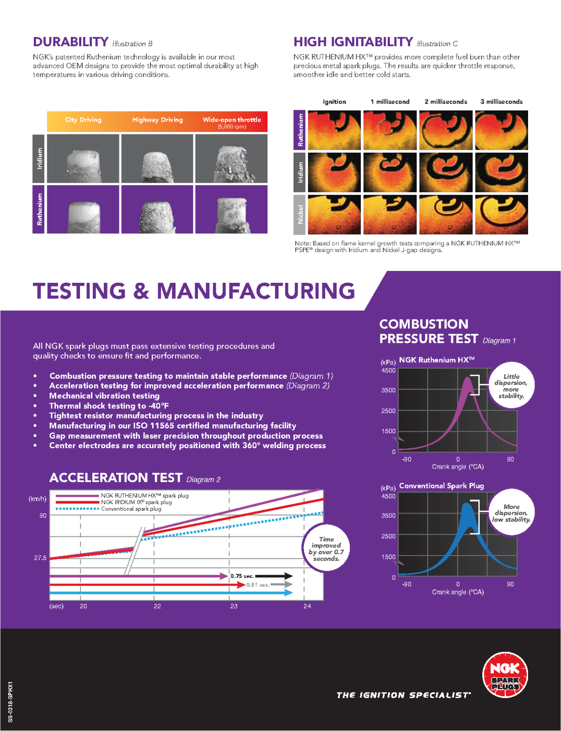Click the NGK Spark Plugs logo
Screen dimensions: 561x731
point(505,675)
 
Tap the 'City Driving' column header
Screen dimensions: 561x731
point(83,120)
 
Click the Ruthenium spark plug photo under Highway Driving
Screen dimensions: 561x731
point(157,210)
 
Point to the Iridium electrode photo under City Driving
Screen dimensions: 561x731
point(83,159)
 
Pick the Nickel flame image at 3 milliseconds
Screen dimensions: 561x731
point(502,214)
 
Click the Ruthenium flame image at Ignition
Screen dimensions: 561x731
point(334,130)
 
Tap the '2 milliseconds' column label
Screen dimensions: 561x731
point(446,102)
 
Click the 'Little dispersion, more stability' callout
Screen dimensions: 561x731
point(511,386)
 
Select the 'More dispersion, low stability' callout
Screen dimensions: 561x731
point(511,513)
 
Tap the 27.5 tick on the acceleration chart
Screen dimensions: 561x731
point(40,558)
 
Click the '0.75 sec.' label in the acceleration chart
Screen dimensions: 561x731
point(242,576)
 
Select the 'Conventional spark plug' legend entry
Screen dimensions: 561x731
point(131,509)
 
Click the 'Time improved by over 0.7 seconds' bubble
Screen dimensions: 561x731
point(326,549)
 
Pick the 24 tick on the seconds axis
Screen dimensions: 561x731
point(307,606)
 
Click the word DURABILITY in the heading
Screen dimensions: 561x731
point(70,42)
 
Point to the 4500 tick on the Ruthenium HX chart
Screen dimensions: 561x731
point(388,371)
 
